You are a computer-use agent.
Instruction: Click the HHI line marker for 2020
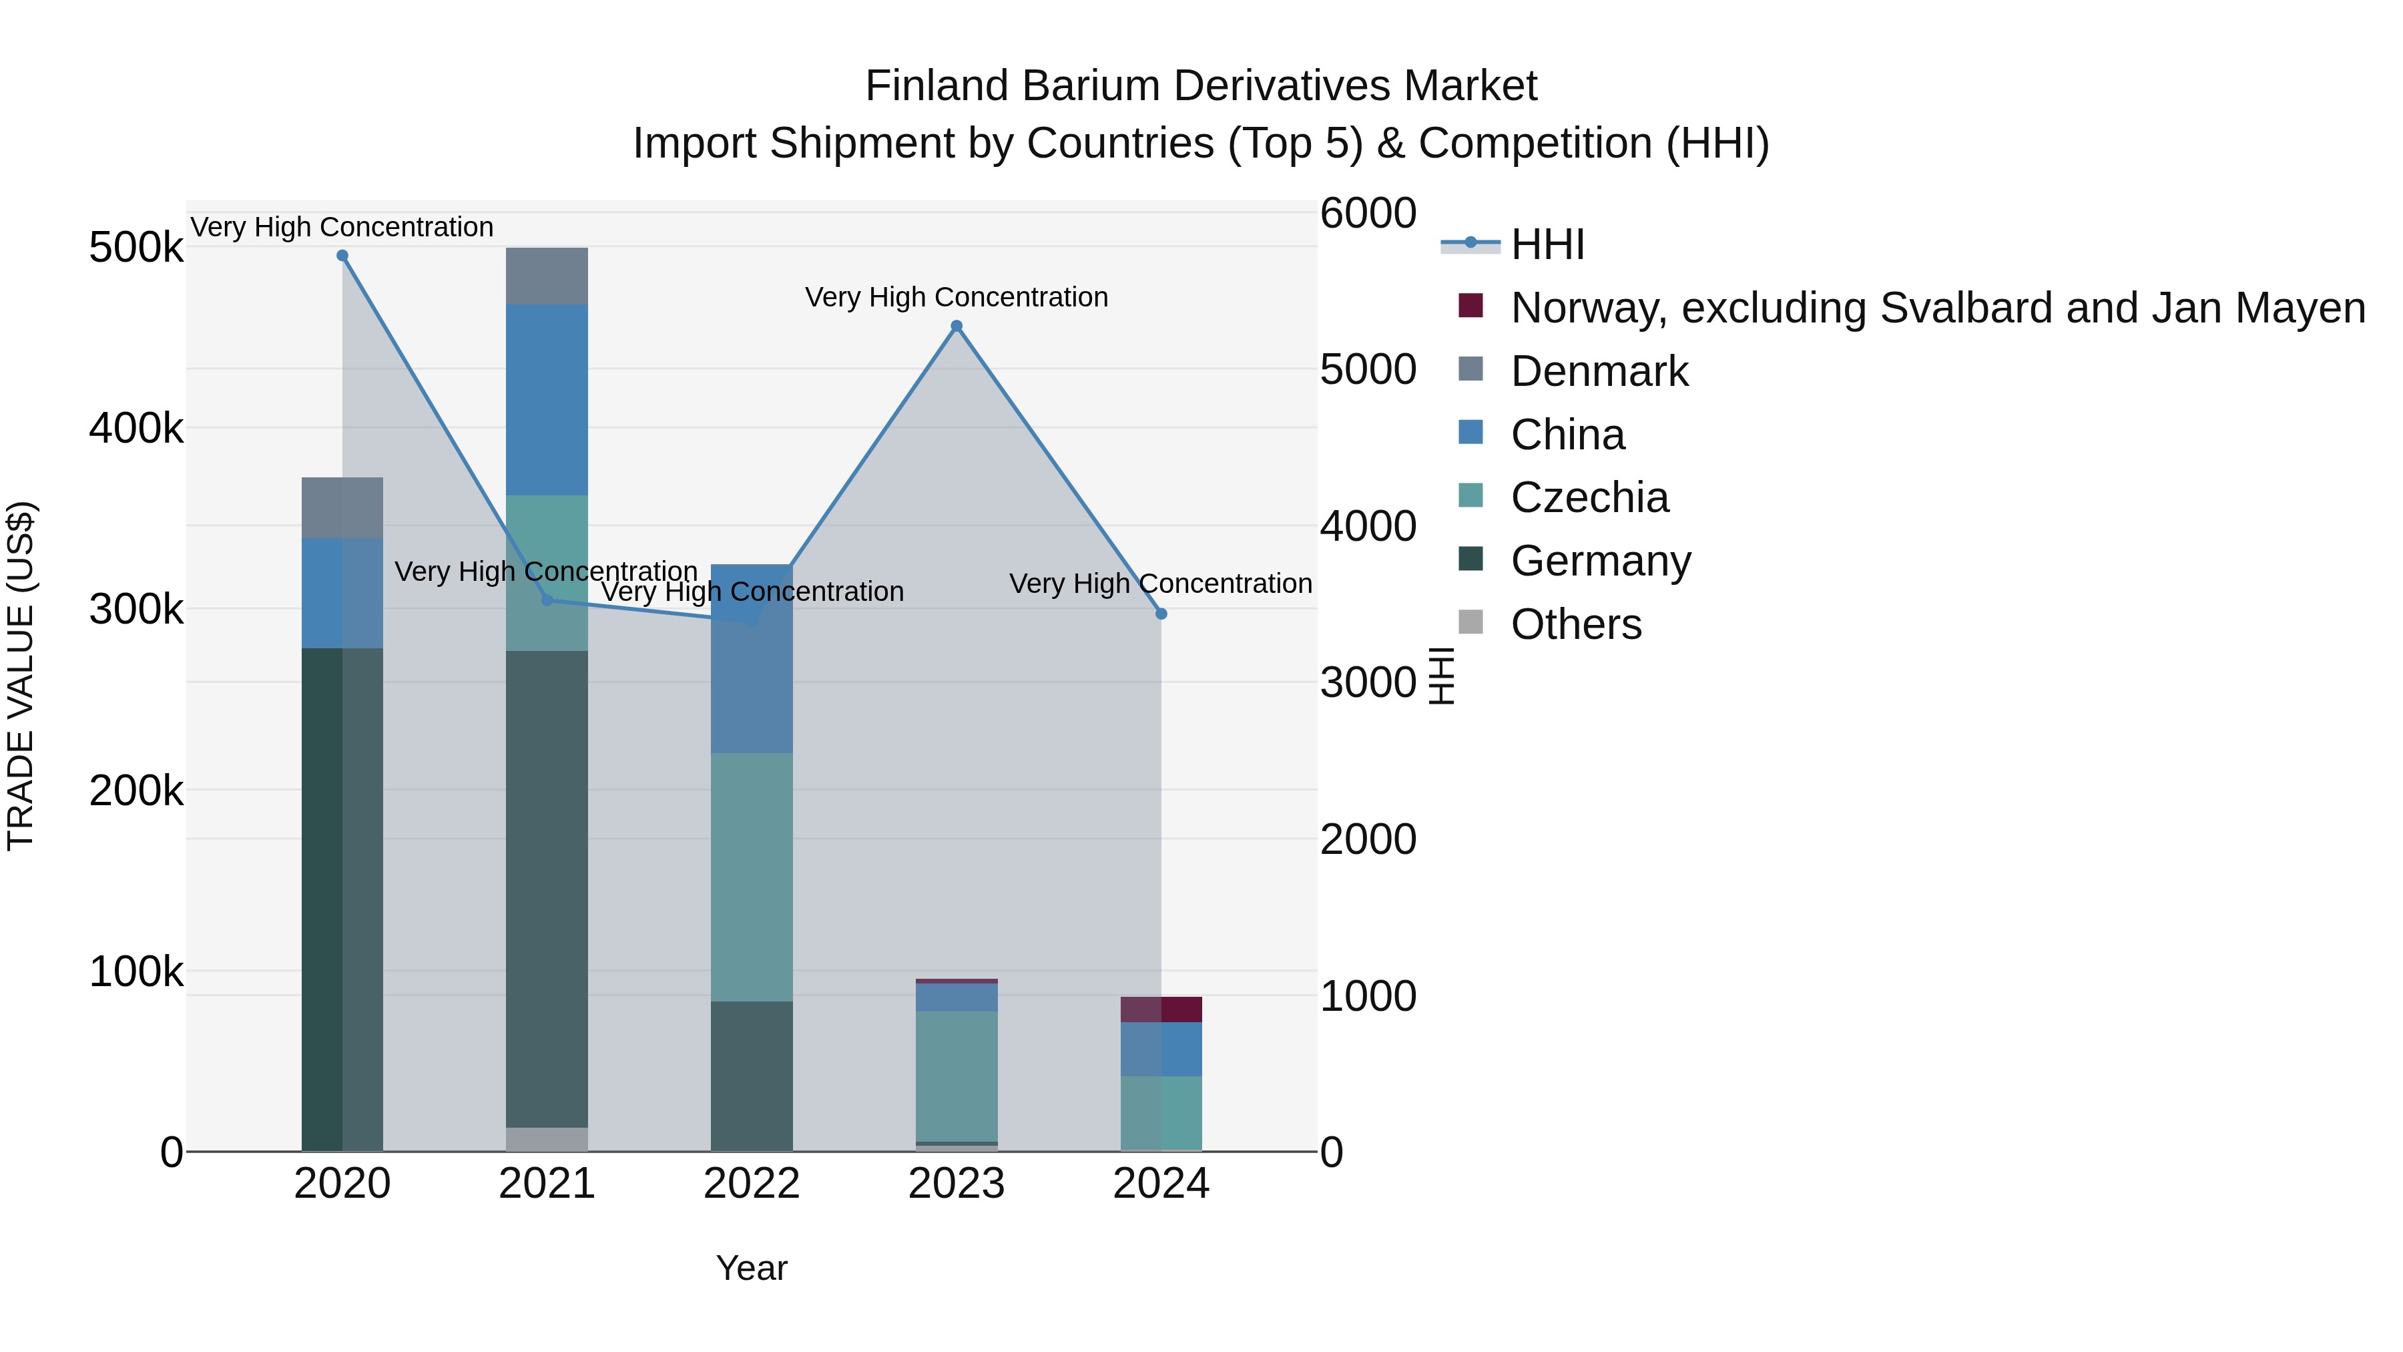[x=342, y=256]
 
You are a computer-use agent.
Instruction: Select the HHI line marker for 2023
[x=956, y=326]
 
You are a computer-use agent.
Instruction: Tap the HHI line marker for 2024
[x=1161, y=614]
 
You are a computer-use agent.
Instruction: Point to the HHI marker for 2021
[x=547, y=600]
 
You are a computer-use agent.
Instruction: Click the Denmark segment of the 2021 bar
[x=547, y=276]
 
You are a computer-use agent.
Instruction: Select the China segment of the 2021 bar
[x=547, y=399]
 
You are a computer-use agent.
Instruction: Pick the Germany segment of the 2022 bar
[x=752, y=1076]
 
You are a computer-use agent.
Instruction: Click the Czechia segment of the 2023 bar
[x=956, y=1076]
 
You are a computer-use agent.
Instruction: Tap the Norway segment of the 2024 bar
[x=1161, y=1009]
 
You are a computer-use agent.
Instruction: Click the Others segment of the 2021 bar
[x=547, y=1139]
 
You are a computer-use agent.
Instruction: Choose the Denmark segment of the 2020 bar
[x=342, y=507]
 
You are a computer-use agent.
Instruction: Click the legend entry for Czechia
[x=1589, y=497]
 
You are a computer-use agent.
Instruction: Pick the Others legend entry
[x=1575, y=624]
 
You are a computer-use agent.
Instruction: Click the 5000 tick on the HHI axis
[x=1368, y=369]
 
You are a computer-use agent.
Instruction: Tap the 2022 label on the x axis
[x=752, y=1184]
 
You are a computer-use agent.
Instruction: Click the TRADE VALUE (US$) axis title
[x=21, y=676]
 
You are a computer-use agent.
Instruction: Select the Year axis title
[x=752, y=1268]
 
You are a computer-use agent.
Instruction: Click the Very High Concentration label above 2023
[x=956, y=298]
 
